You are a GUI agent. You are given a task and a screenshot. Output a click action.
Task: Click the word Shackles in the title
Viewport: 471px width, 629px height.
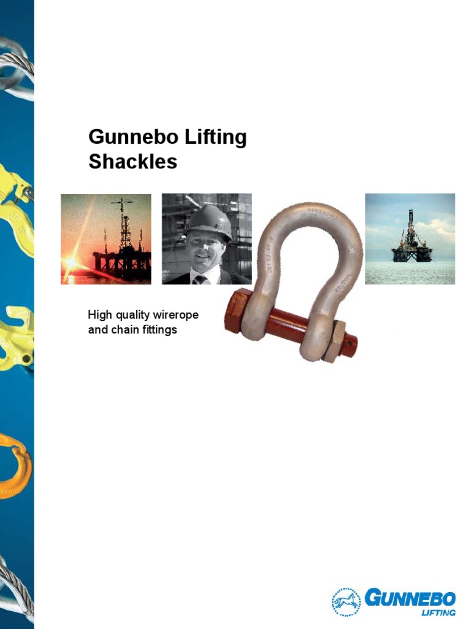point(132,162)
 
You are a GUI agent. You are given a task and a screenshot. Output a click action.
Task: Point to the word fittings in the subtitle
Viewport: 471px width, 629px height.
point(158,330)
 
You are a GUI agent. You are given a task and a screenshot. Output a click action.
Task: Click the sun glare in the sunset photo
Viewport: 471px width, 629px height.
point(72,263)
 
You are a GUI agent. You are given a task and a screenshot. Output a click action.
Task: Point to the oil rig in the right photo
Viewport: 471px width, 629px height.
point(412,239)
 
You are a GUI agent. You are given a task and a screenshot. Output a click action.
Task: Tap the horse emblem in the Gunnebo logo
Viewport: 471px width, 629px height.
point(347,601)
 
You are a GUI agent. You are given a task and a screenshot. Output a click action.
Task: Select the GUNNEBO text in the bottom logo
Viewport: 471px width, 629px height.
point(410,598)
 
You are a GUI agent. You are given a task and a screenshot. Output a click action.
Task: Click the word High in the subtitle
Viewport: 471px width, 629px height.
point(100,316)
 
